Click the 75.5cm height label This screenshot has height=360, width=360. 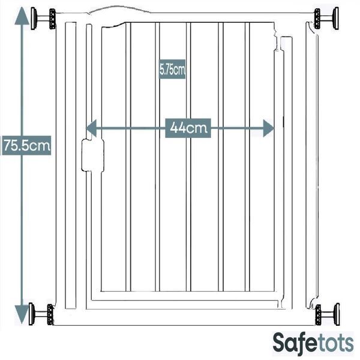click(26, 145)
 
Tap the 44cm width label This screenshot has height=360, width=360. click(188, 128)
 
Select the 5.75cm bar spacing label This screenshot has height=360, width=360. click(172, 69)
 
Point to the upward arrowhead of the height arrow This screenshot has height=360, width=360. click(22, 16)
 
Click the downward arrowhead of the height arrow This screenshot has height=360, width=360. click(22, 314)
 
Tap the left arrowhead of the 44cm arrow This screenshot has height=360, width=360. click(91, 128)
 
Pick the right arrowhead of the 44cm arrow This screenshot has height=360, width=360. click(268, 128)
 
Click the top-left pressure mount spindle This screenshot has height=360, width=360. click(43, 19)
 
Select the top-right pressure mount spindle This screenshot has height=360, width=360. click(326, 19)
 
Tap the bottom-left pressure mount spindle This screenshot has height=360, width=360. click(41, 314)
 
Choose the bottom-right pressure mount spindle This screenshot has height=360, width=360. click(328, 314)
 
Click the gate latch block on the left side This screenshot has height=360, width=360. click(93, 155)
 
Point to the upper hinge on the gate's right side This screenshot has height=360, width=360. click(279, 43)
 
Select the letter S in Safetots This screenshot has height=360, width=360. click(280, 343)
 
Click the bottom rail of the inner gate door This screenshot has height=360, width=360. click(188, 296)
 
